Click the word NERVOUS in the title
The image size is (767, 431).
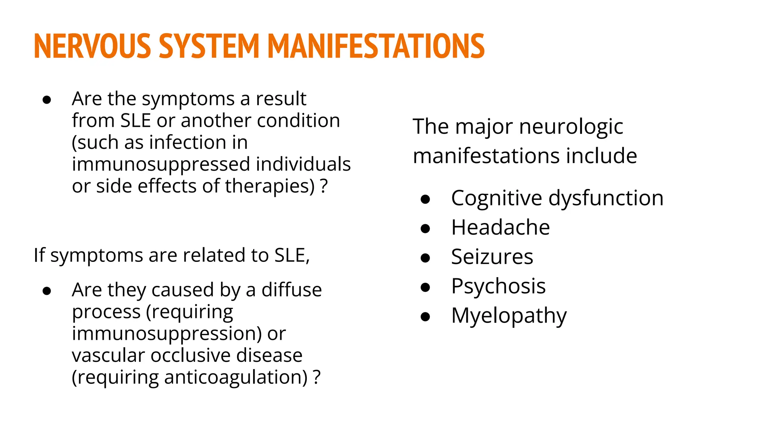pos(92,46)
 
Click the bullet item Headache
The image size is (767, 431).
pos(500,227)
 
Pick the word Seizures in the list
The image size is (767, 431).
pos(492,257)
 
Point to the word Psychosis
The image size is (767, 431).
pos(498,287)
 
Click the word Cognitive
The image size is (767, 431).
pos(496,198)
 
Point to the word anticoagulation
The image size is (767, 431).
pos(236,377)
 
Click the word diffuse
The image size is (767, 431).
pos(291,290)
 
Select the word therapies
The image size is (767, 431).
pos(270,186)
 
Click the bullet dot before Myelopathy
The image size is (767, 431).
pos(425,317)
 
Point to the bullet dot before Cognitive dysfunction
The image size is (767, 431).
pos(425,199)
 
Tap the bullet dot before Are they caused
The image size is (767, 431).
pos(47,291)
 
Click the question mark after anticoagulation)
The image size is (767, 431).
pos(317,377)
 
